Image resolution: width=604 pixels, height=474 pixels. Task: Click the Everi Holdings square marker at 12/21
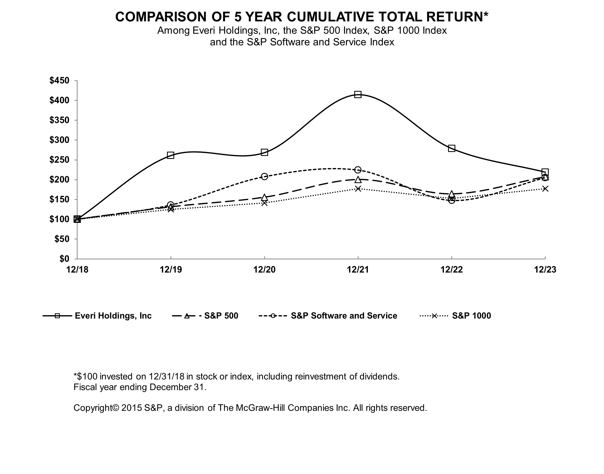358,95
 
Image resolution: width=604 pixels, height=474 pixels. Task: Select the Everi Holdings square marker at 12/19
171,155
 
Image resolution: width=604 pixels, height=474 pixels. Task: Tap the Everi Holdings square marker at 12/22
452,148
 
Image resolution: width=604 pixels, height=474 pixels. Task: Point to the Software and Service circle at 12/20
264,177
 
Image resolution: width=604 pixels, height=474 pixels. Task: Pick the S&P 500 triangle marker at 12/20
264,198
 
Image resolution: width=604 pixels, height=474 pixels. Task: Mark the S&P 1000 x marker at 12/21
358,189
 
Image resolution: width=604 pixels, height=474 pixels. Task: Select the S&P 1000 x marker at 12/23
545,189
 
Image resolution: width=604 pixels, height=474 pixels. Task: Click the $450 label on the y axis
59,81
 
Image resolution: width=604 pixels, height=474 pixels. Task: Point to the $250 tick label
59,160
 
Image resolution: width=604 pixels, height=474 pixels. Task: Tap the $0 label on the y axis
64,259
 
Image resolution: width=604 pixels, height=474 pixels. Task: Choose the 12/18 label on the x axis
77,269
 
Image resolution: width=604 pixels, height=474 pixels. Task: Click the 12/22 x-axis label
452,269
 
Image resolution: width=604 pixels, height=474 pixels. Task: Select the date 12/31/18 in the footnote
167,376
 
